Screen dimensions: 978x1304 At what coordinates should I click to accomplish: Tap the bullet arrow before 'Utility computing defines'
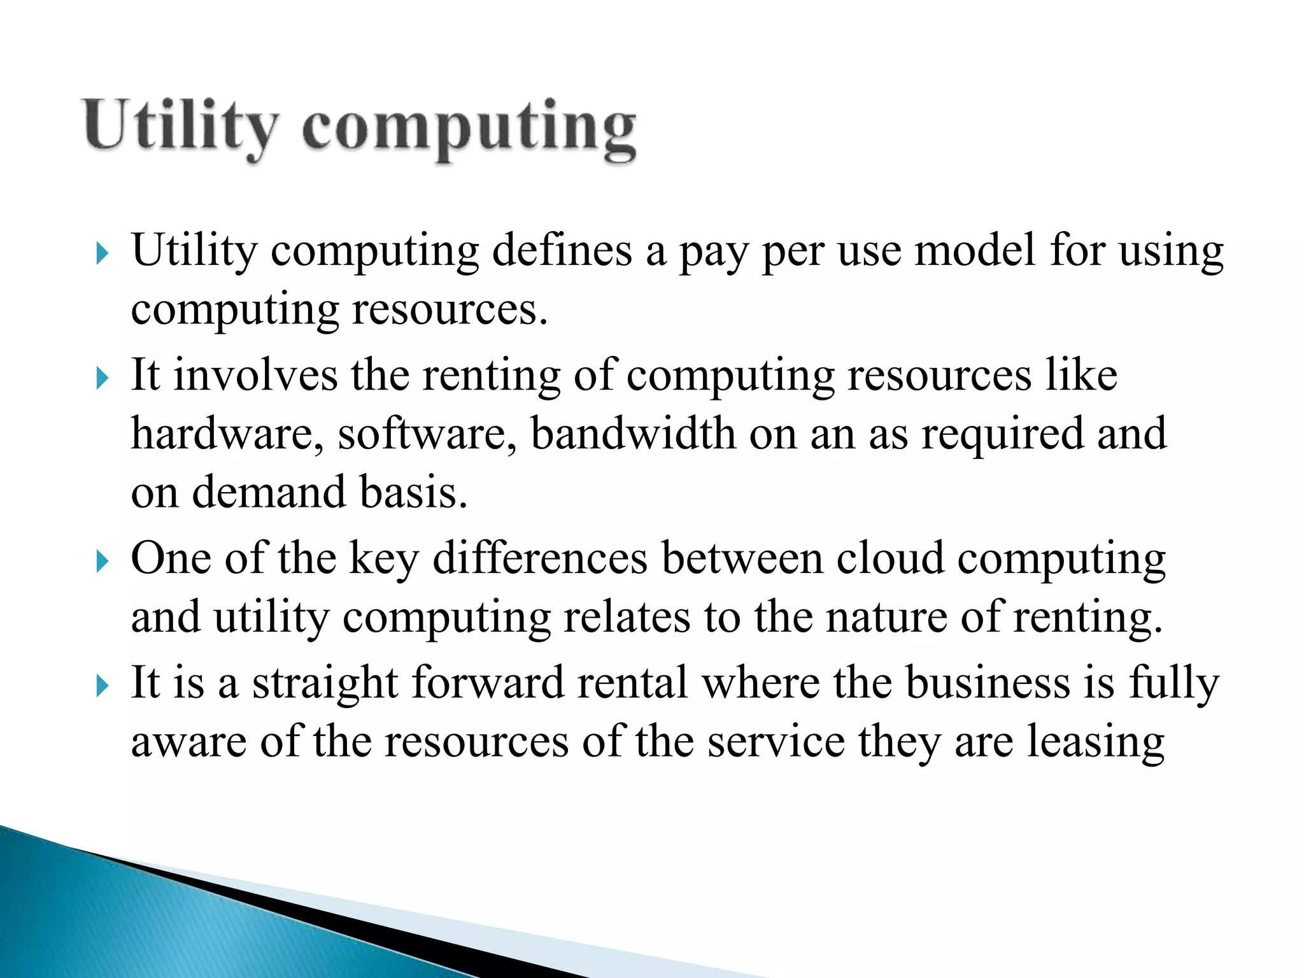click(102, 253)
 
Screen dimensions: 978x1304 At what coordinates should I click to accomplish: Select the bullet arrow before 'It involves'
click(102, 378)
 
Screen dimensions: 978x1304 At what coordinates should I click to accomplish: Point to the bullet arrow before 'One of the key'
click(102, 562)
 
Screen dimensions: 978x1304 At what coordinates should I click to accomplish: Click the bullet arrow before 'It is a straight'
click(102, 686)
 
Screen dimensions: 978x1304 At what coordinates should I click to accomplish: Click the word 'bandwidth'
click(633, 433)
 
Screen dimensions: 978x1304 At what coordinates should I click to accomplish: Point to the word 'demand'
click(268, 492)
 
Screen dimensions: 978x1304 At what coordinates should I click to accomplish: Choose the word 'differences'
click(540, 558)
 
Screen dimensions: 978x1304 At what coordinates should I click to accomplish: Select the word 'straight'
click(325, 683)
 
